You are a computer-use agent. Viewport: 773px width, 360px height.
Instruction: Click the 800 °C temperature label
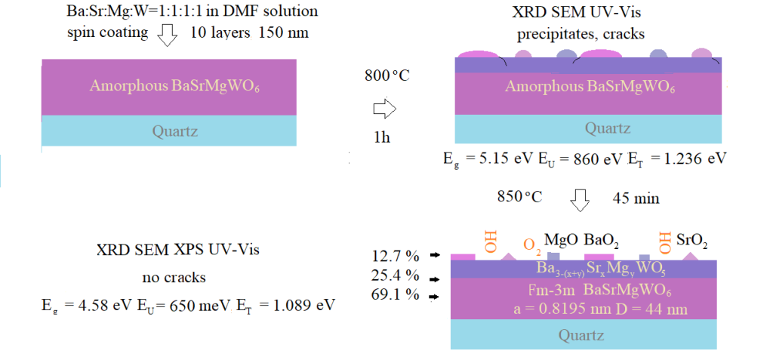coord(386,76)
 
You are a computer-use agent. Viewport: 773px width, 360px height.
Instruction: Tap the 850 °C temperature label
coord(519,198)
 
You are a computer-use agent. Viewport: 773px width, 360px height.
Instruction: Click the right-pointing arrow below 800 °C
coord(384,110)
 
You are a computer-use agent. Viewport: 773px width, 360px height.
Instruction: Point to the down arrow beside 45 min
coord(580,199)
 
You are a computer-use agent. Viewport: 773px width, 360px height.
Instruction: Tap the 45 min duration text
coord(637,198)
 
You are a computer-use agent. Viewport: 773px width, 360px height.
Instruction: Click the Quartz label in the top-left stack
coord(175,131)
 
